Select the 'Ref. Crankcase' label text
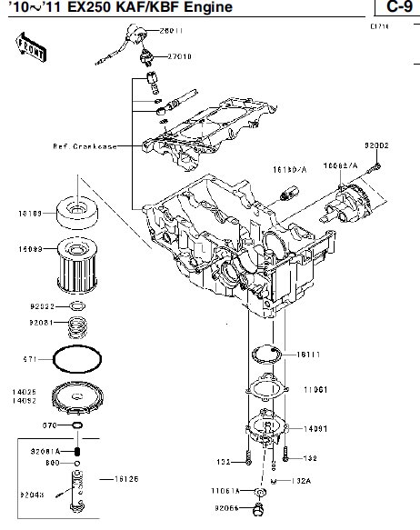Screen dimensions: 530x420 (x=85, y=145)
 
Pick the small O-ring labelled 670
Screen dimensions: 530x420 (x=80, y=425)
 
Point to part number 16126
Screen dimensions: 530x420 (x=126, y=477)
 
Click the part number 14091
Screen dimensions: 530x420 (x=315, y=427)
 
